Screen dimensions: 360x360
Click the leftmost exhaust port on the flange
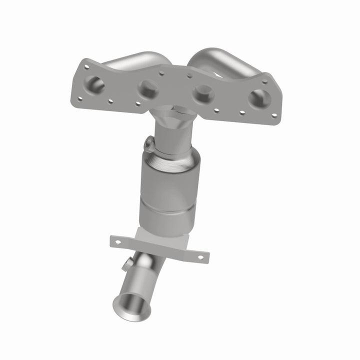coord(95,85)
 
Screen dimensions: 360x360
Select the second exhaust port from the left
coord(148,89)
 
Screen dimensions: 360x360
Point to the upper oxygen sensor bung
coord(148,144)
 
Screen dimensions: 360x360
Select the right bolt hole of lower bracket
coord(200,257)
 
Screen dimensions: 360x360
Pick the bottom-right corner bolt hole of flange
coord(273,115)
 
